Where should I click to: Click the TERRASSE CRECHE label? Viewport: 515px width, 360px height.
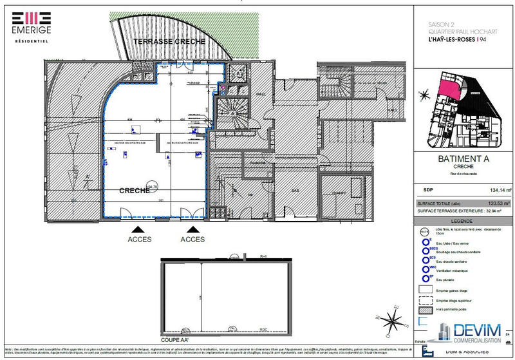click(169, 41)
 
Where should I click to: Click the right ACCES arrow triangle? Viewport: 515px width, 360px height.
click(192, 229)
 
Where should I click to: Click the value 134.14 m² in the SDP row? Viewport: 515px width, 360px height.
click(500, 191)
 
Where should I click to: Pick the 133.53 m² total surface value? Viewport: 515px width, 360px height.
click(500, 203)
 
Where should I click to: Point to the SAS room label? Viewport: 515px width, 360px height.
click(295, 191)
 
